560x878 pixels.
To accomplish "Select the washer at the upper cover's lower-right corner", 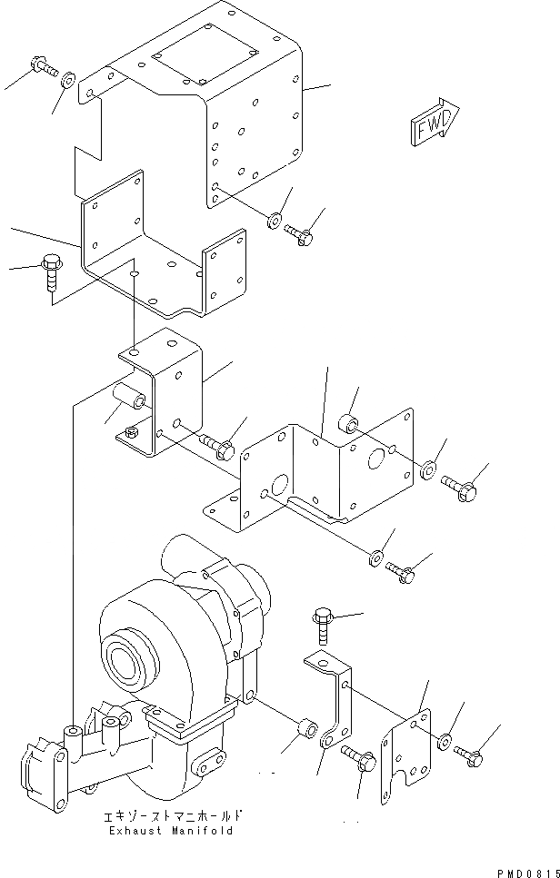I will [275, 220].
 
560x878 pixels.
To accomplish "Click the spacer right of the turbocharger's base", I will [306, 727].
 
